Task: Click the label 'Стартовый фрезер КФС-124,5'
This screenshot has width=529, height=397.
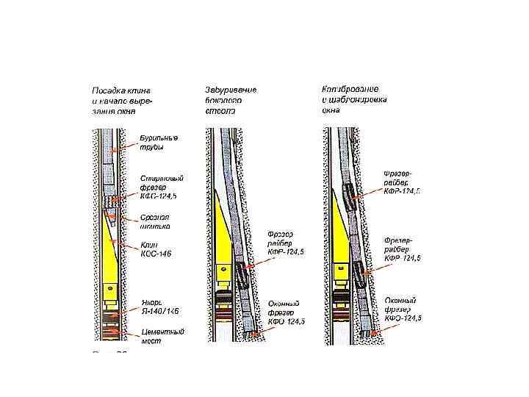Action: click(x=161, y=187)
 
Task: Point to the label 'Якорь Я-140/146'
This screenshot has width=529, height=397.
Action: click(x=159, y=307)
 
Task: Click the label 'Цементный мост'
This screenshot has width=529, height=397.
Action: click(x=162, y=337)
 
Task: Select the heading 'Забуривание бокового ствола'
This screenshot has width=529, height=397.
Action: click(x=230, y=100)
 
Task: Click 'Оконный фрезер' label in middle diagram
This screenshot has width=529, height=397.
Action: click(x=286, y=313)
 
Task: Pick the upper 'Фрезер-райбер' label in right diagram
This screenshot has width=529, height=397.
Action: click(x=402, y=182)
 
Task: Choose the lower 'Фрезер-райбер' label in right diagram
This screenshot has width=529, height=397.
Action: click(x=402, y=249)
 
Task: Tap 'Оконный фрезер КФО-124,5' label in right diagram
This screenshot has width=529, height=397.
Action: click(x=403, y=309)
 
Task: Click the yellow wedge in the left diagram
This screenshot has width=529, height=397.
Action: click(x=112, y=257)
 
